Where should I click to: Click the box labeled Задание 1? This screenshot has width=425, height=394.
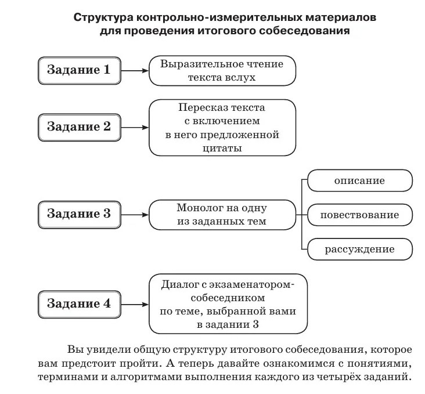pyautogui.click(x=79, y=71)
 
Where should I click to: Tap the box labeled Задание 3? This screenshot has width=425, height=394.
pyautogui.click(x=79, y=213)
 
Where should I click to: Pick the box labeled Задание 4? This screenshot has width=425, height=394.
pyautogui.click(x=79, y=303)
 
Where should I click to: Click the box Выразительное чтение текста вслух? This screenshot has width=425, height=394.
pyautogui.click(x=222, y=71)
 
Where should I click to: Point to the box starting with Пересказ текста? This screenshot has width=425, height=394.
pyautogui.click(x=222, y=128)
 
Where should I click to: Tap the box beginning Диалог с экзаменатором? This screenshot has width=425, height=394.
pyautogui.click(x=227, y=303)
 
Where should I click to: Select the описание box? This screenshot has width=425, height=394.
pyautogui.click(x=359, y=181)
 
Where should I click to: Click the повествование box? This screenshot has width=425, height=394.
pyautogui.click(x=359, y=215)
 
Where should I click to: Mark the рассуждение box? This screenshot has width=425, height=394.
pyautogui.click(x=359, y=250)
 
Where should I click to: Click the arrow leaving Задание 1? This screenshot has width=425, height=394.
pyautogui.click(x=135, y=71)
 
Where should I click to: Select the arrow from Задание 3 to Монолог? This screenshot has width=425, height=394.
pyautogui.click(x=135, y=214)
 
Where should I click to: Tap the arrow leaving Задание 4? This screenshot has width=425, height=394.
pyautogui.click(x=135, y=303)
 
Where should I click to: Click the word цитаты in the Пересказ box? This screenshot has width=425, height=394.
pyautogui.click(x=222, y=149)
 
